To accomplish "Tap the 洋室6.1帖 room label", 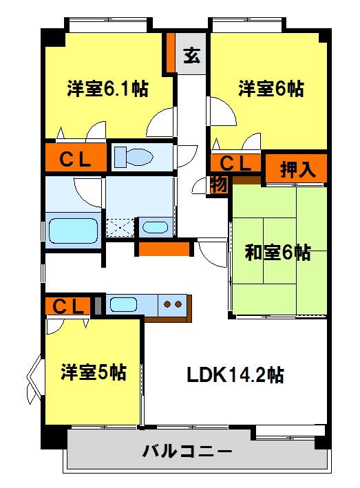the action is (107, 89).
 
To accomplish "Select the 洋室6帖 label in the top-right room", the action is (271, 89).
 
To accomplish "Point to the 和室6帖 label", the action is (277, 253).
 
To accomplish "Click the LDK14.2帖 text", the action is (235, 374).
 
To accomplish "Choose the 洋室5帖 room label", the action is (94, 372).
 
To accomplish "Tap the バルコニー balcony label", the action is (187, 451).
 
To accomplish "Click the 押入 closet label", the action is (298, 169).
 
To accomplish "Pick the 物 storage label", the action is (219, 186).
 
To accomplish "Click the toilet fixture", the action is (134, 156).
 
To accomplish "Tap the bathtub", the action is (74, 231).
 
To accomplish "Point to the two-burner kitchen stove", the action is (172, 304).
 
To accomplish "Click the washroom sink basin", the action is (156, 228).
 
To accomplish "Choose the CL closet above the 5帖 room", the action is (68, 306).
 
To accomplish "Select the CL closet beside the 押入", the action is (235, 162).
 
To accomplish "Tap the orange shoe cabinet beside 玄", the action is (171, 52).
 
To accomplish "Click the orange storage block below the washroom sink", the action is (164, 249).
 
